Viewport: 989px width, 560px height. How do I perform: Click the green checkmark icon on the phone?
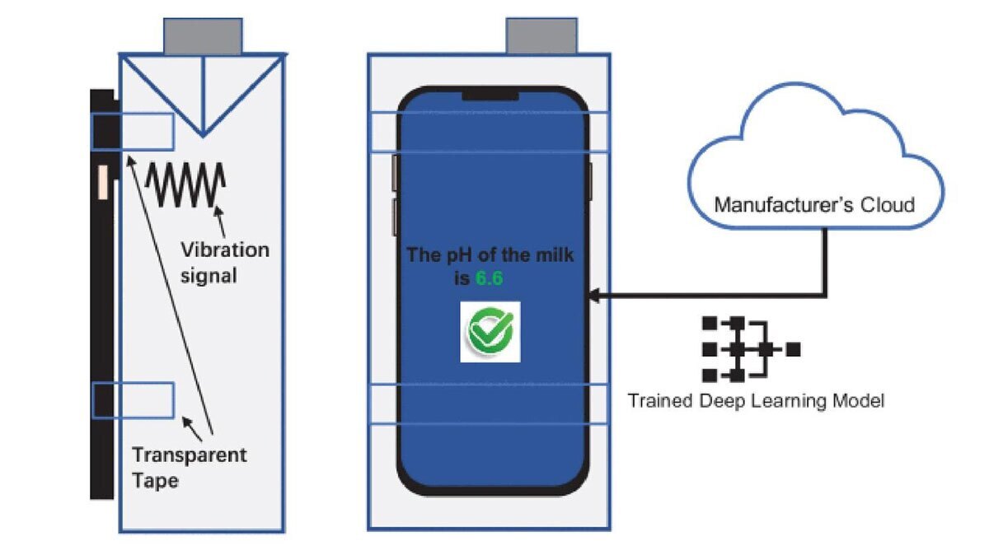(x=490, y=331)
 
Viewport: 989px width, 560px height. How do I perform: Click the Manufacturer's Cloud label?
(x=814, y=203)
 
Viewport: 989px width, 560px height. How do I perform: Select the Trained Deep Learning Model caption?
(x=756, y=401)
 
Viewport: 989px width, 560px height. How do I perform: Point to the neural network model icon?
(x=748, y=349)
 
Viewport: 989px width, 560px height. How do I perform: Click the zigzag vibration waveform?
(x=185, y=184)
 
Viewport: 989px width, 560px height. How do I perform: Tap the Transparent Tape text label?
(x=189, y=466)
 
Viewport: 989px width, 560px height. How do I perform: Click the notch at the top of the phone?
(x=493, y=96)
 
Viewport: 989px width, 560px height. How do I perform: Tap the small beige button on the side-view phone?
(x=103, y=182)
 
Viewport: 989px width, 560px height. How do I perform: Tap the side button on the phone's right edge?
(x=590, y=181)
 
